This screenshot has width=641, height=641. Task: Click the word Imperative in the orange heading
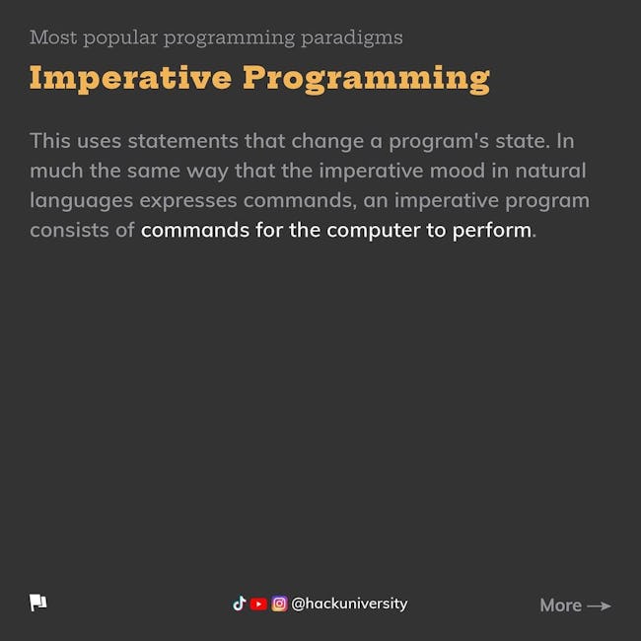click(x=130, y=79)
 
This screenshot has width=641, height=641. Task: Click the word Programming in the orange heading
click(x=366, y=79)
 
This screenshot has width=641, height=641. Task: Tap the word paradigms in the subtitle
click(x=352, y=38)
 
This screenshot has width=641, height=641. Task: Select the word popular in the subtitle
click(x=120, y=39)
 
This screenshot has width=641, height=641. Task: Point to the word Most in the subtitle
click(x=53, y=37)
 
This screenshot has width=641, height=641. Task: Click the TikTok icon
click(x=240, y=604)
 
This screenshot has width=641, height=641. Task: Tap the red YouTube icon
click(x=258, y=604)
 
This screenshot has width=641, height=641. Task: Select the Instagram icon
click(x=280, y=604)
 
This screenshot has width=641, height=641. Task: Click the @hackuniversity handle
click(x=349, y=604)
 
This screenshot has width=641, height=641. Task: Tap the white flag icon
click(x=38, y=603)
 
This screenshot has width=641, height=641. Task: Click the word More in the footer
click(x=560, y=605)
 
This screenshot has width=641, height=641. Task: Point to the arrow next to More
click(x=599, y=605)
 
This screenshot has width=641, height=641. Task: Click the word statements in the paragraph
click(x=182, y=141)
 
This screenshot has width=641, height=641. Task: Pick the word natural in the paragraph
click(x=550, y=171)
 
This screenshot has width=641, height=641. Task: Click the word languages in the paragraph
click(x=82, y=201)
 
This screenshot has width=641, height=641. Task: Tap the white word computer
click(x=373, y=231)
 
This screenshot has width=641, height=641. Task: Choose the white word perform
click(x=492, y=230)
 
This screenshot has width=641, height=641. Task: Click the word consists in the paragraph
click(x=69, y=230)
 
